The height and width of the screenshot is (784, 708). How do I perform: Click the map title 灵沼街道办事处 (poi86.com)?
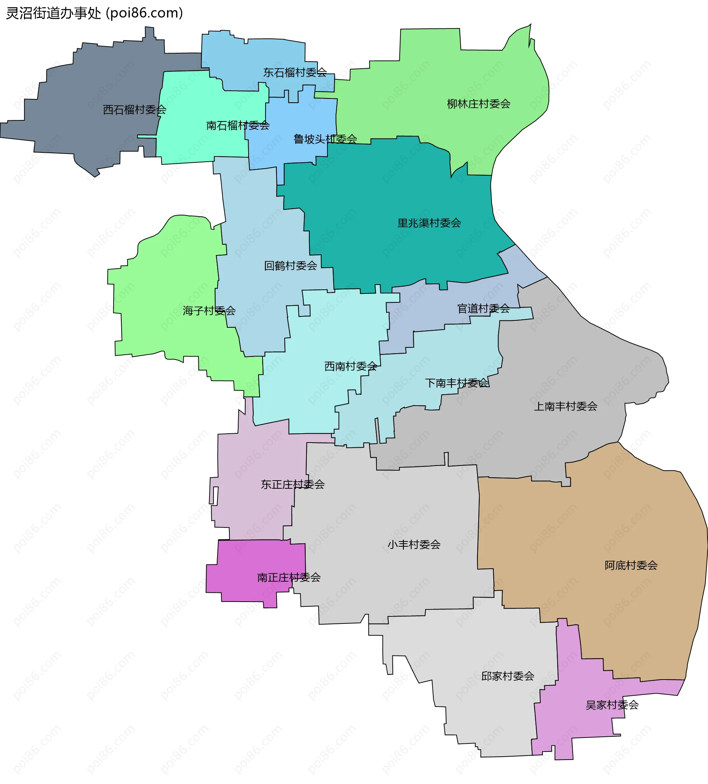tap(94, 13)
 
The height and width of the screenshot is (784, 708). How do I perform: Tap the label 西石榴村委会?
tap(135, 110)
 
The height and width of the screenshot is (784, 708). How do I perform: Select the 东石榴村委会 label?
tap(295, 73)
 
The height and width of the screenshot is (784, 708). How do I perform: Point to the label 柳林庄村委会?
tap(478, 104)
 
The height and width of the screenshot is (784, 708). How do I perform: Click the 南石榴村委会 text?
tap(238, 125)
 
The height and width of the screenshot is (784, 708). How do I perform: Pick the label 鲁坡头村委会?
tap(325, 139)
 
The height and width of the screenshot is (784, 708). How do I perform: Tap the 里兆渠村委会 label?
tap(429, 223)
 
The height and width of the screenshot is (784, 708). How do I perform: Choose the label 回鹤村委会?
tap(291, 266)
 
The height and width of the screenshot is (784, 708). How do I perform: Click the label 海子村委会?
tap(209, 311)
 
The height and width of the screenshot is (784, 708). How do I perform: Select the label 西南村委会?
tap(351, 366)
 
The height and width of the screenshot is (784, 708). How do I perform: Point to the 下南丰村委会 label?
tap(457, 384)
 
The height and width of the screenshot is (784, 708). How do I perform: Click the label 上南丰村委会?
tap(565, 407)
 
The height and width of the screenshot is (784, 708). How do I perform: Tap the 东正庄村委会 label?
tap(293, 485)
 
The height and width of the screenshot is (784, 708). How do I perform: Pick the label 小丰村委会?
tap(414, 545)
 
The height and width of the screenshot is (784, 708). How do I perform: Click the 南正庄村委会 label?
tap(289, 578)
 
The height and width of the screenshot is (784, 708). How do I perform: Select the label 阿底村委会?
tap(631, 565)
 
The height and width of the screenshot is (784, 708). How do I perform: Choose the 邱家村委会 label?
tap(507, 676)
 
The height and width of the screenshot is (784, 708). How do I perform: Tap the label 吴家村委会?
tap(612, 705)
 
